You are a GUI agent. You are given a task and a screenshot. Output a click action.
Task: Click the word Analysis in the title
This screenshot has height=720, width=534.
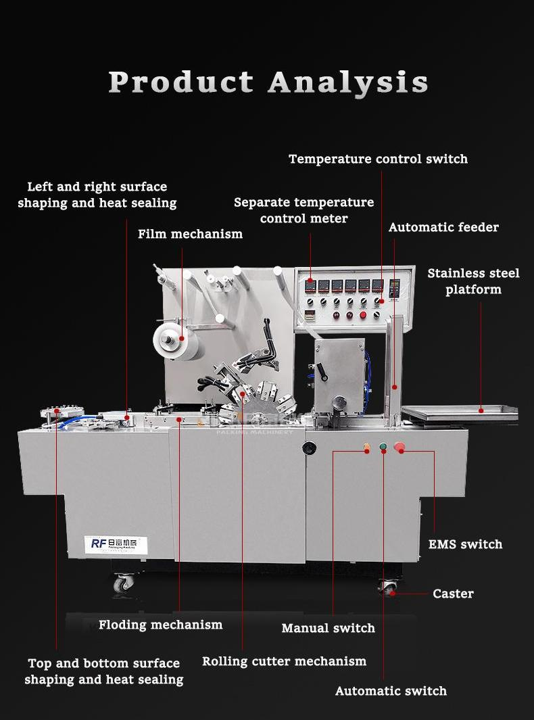348,83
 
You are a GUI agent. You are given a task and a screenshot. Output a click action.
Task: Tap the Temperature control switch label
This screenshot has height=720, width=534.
378,160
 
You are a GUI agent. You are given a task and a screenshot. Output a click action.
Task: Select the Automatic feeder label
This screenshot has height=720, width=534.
443,228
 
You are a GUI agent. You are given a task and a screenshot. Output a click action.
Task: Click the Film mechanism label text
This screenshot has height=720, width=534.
190,235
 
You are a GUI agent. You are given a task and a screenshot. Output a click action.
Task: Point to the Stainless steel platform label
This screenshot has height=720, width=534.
473,281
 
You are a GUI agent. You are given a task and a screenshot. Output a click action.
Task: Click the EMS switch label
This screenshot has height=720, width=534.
465,544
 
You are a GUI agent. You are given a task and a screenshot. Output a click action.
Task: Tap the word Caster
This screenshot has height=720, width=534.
453,594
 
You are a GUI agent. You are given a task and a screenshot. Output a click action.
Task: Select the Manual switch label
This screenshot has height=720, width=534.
328,628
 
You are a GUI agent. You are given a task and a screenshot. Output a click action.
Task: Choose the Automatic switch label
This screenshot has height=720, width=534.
391,691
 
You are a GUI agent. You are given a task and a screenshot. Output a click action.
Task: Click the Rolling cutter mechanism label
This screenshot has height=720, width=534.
284,661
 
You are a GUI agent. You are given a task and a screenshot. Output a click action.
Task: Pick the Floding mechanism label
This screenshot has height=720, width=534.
160,625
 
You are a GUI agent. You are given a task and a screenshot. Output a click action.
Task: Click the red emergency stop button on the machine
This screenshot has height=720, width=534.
399,447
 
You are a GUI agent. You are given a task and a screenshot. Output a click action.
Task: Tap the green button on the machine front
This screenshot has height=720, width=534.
383,447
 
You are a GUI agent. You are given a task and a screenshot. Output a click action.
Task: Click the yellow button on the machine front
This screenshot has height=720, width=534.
367,447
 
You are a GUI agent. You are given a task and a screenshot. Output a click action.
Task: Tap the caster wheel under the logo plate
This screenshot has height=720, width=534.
124,582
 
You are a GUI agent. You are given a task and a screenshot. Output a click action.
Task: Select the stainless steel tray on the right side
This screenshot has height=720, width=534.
459,412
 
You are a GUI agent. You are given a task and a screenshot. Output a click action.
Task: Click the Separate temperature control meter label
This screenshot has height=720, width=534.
304,210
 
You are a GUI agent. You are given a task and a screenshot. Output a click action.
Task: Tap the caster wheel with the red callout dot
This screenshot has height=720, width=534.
388,587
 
